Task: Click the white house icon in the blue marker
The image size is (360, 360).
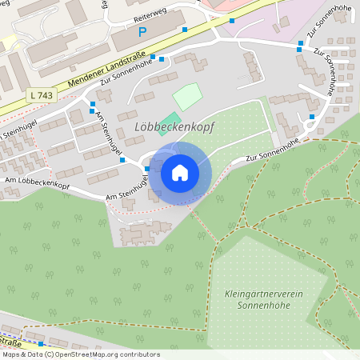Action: point(179,172)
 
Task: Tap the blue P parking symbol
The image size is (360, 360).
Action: point(143,32)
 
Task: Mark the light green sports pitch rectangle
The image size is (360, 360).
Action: point(187,97)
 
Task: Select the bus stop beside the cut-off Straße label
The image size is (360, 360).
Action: point(41,343)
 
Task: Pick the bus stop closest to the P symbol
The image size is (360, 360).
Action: point(185,30)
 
